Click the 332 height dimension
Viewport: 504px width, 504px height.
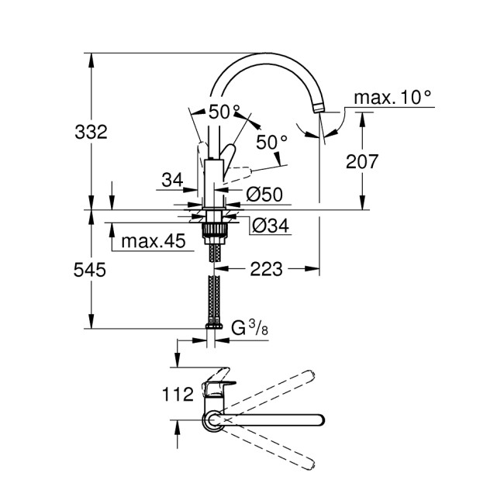91,131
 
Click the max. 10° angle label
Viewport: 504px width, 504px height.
392,98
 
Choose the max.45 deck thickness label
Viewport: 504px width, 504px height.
153,243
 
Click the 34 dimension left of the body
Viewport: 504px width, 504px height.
172,180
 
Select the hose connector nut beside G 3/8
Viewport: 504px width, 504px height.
211,330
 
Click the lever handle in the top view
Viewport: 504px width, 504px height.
216,385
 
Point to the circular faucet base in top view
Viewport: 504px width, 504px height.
212,420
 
